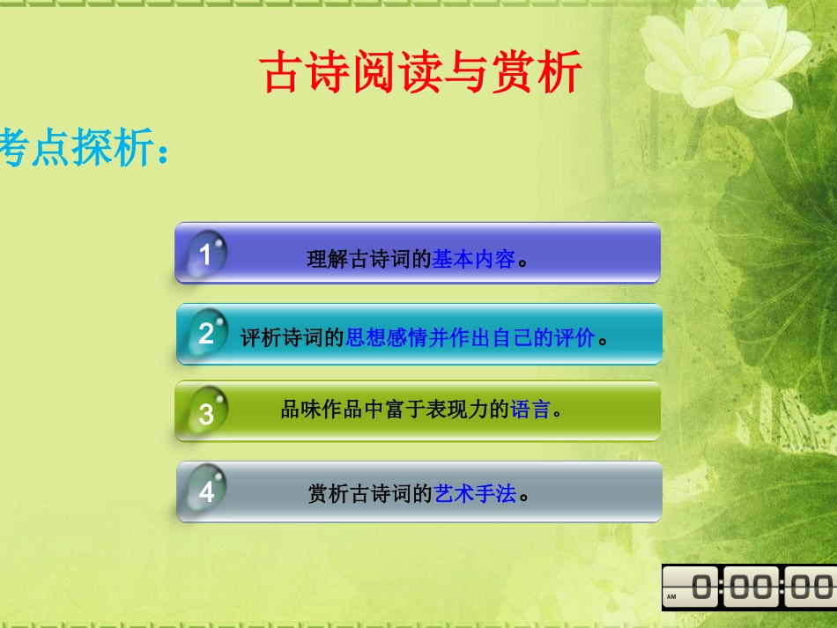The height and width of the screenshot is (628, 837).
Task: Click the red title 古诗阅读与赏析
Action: pos(422,72)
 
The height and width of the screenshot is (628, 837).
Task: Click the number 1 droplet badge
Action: pos(206,255)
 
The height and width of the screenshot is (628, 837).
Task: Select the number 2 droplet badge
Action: pos(207,333)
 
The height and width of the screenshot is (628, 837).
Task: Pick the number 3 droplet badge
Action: pos(207,412)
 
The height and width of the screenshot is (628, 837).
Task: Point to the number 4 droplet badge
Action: pos(207,491)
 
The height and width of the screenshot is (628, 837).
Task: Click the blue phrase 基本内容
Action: pos(473,260)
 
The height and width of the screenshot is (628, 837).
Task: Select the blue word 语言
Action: pos(530,410)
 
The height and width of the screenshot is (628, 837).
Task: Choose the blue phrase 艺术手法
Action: pos(475,494)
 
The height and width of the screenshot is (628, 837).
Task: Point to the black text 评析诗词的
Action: pos(293,338)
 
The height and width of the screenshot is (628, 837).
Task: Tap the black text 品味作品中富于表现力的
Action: pos(395,410)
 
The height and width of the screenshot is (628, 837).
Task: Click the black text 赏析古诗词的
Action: pos(370,494)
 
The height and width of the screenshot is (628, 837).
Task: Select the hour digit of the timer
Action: pos(704,587)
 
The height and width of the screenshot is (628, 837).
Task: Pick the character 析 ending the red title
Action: pos(561,72)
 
